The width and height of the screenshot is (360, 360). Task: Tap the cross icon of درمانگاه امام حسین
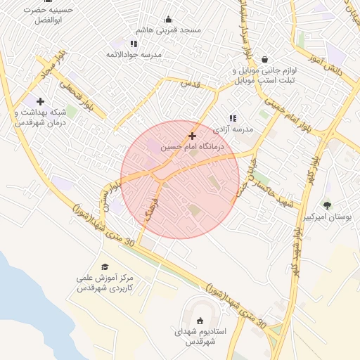pyautogui.click(x=192, y=136)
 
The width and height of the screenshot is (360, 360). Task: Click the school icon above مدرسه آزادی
pyautogui.click(x=233, y=119)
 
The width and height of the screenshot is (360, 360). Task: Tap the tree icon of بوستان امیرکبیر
pyautogui.click(x=327, y=205)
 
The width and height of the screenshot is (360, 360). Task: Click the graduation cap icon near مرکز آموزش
pyautogui.click(x=105, y=267)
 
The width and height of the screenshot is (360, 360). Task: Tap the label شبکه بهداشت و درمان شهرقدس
pyautogui.click(x=41, y=117)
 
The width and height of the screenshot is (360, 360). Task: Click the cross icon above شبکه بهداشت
pyautogui.click(x=40, y=102)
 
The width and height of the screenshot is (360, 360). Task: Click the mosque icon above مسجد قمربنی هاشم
pyautogui.click(x=168, y=19)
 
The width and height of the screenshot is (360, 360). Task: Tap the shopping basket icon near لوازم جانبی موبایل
pyautogui.click(x=264, y=60)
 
